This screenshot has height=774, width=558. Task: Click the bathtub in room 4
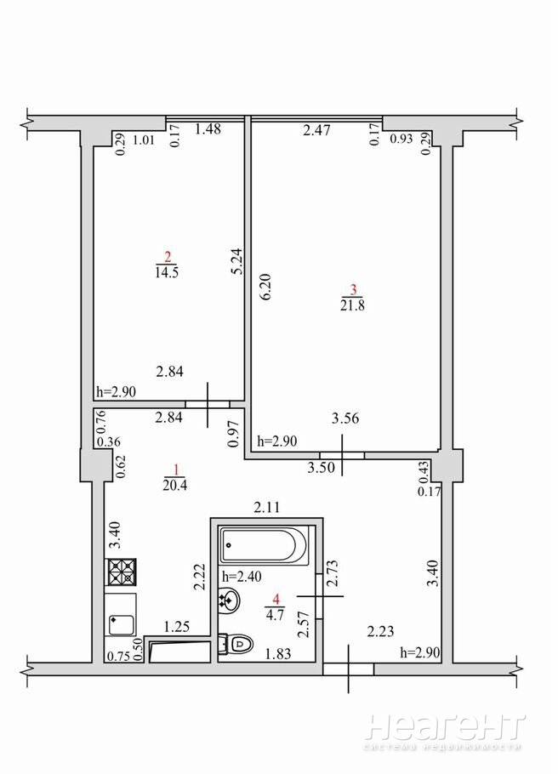click(265, 544)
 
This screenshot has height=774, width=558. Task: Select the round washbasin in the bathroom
click(229, 600)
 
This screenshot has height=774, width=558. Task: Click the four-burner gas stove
click(121, 572)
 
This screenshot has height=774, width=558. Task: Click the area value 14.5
click(167, 272)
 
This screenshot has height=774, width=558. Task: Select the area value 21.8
click(352, 305)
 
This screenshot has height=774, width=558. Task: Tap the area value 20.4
click(174, 486)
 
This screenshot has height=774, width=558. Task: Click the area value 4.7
click(275, 616)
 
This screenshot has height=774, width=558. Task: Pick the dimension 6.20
click(265, 287)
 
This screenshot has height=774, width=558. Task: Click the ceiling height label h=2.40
click(242, 576)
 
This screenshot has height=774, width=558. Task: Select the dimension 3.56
click(345, 418)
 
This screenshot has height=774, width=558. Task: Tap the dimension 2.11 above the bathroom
click(267, 507)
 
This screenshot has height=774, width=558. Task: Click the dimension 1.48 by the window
click(208, 129)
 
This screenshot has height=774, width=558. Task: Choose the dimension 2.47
click(316, 131)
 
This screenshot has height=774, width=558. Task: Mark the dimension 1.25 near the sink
click(177, 627)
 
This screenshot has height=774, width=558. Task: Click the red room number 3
click(352, 290)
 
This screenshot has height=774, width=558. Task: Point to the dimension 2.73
click(333, 572)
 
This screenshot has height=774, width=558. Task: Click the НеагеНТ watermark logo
click(445, 727)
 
